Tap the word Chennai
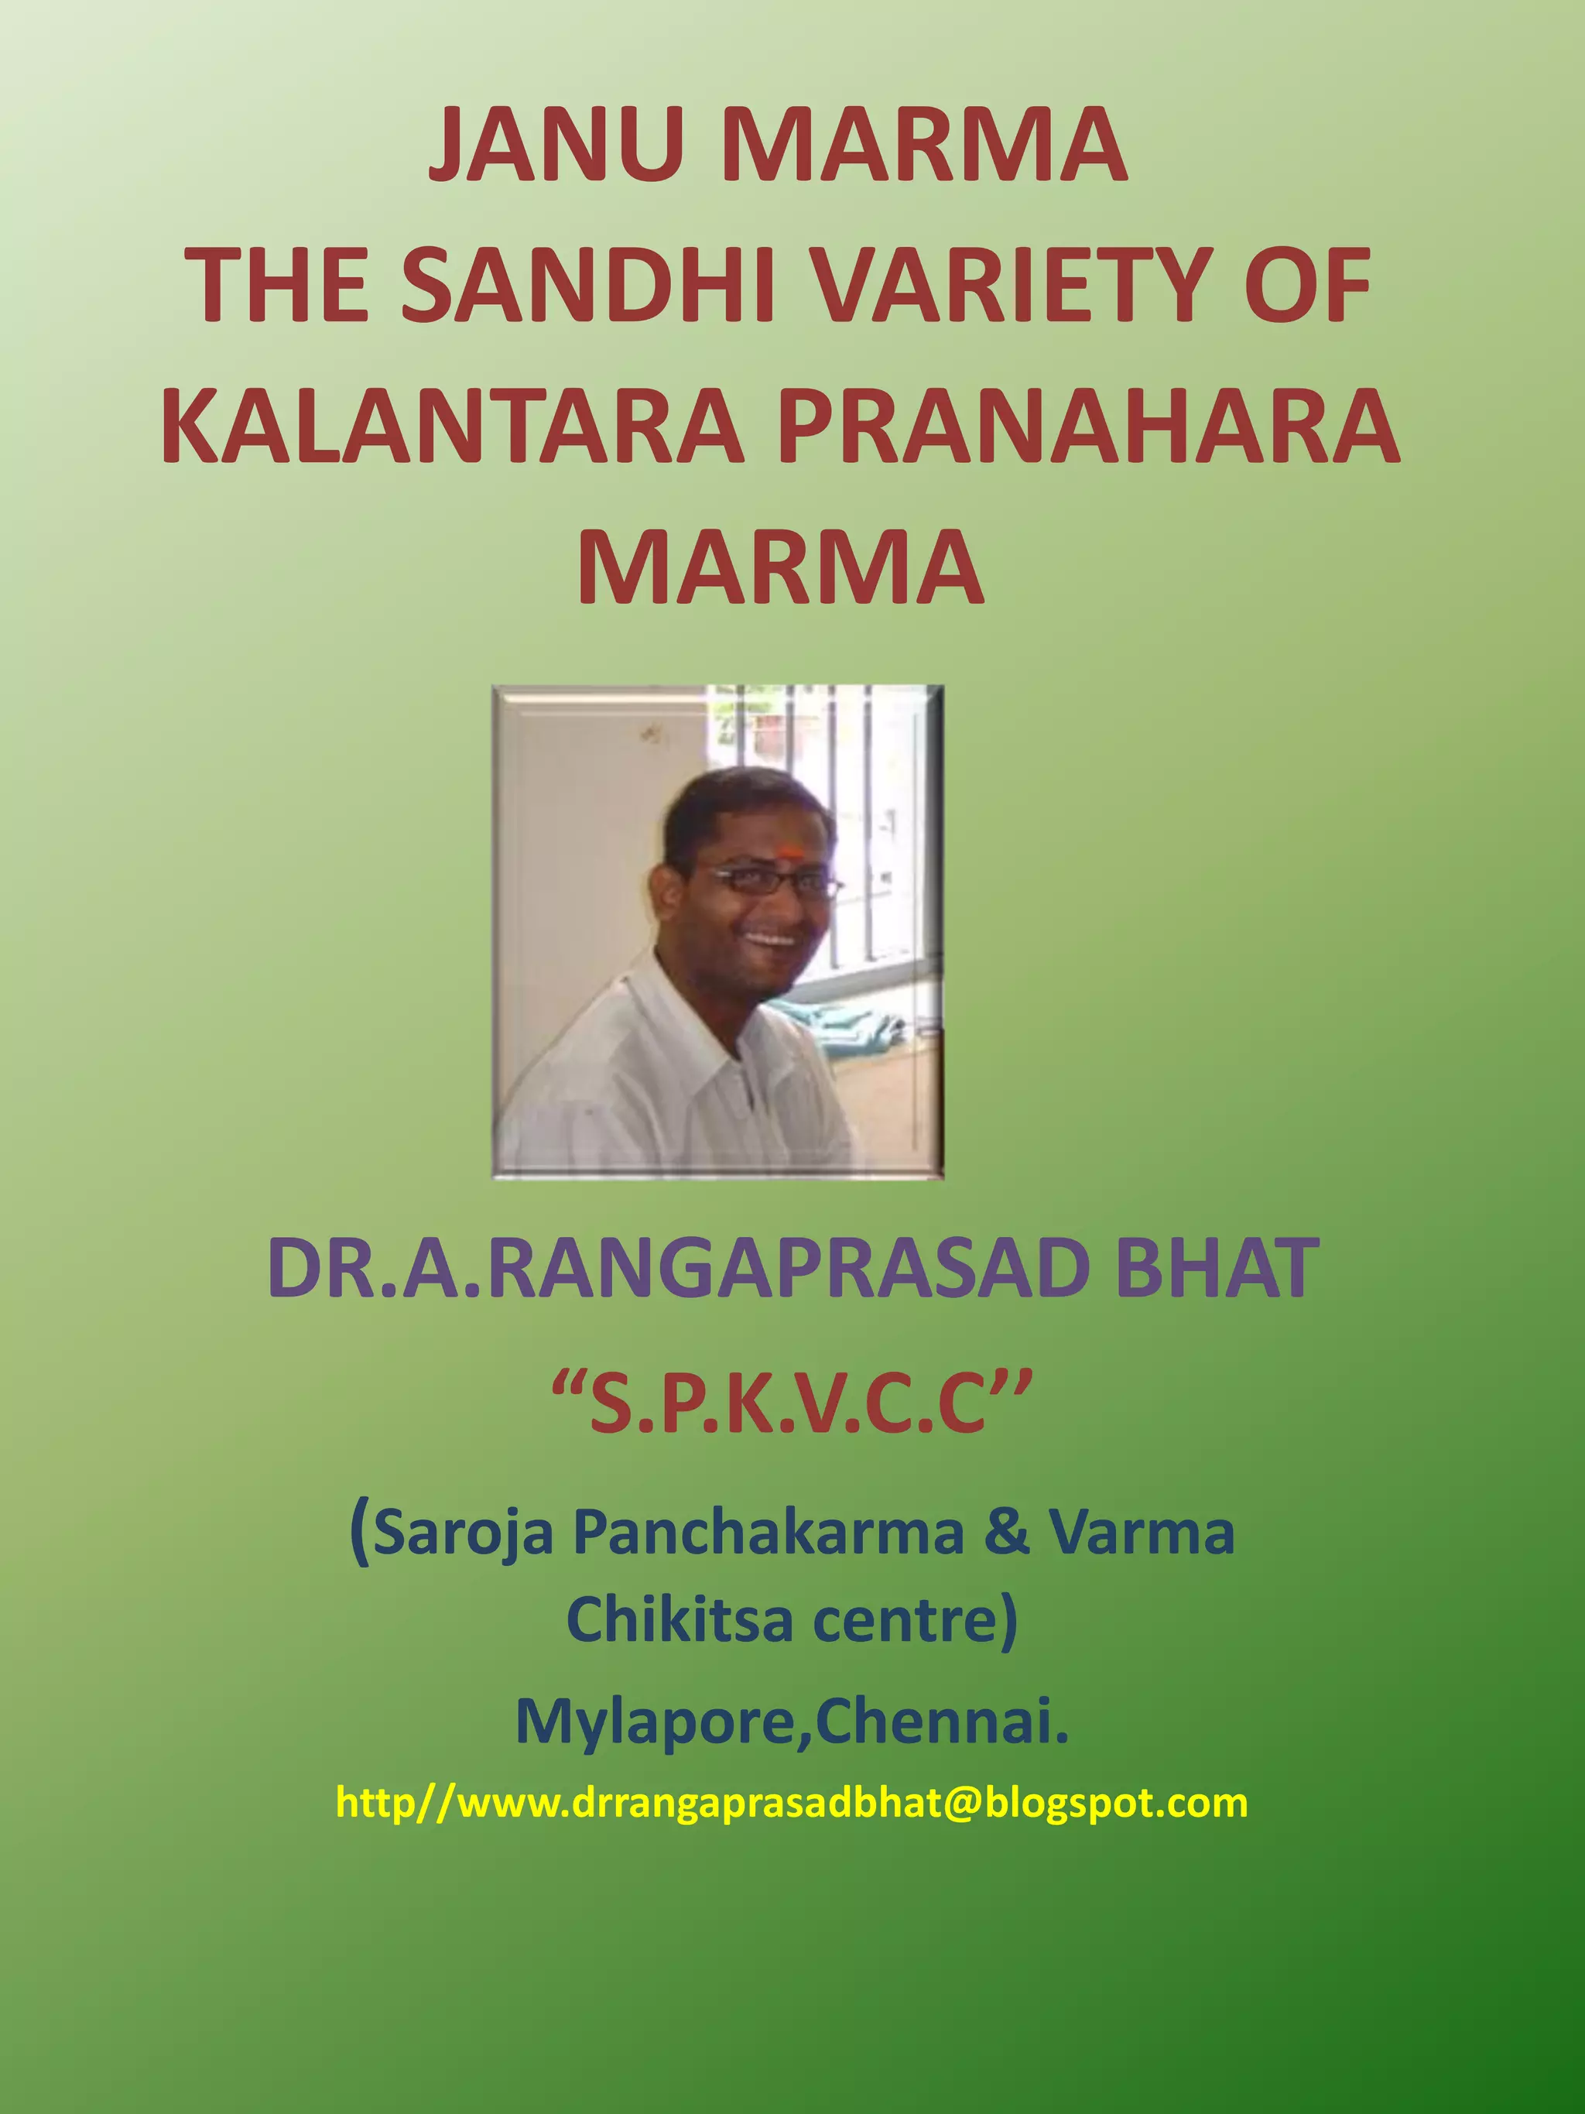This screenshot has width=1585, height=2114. click(x=941, y=1722)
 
